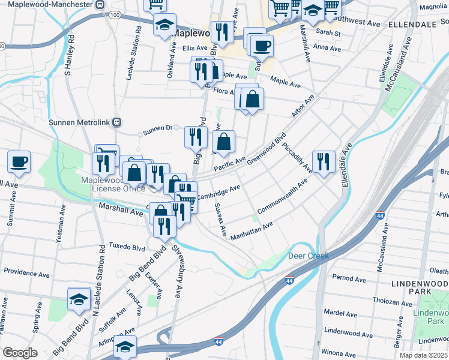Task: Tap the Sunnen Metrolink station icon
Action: point(118,122)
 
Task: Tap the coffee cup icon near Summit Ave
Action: point(19,161)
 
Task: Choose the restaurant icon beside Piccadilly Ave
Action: point(324,161)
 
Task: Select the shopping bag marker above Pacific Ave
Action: point(223,142)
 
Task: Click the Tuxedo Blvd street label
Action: point(127,247)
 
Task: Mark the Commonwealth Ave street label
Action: point(282,196)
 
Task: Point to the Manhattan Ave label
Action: point(252,230)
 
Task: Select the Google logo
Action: point(20,353)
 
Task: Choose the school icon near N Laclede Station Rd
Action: point(79,299)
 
